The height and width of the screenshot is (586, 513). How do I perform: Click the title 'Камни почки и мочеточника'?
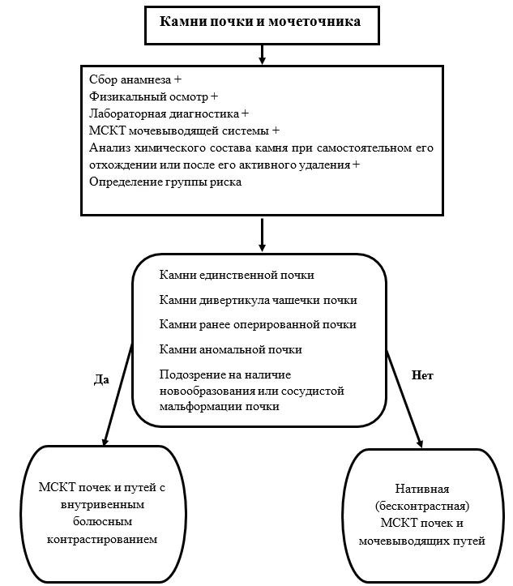260,22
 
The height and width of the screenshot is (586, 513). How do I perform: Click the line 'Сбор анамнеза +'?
135,79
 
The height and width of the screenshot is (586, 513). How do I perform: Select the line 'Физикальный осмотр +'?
153,96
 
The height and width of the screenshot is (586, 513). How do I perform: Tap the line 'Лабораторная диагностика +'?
169,113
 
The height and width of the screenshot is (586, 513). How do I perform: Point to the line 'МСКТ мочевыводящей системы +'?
184,130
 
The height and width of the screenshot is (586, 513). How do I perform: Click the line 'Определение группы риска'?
165,182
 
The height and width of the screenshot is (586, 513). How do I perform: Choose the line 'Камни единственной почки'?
237,275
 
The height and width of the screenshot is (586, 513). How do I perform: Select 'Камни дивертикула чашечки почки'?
259,300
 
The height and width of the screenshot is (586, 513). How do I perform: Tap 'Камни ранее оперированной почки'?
258,324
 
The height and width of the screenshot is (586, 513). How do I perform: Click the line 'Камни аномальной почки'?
230,349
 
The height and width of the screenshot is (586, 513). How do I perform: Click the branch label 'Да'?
101,379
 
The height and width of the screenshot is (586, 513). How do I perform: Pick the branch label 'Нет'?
422,374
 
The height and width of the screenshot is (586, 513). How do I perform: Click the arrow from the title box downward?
263,54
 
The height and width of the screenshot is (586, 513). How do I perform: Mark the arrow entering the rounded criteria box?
263,235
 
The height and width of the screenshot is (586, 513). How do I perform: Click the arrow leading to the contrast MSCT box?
118,394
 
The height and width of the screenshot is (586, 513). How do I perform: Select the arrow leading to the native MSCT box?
404,399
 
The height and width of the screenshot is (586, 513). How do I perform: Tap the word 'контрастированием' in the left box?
102,539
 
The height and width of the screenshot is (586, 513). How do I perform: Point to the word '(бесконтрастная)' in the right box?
422,506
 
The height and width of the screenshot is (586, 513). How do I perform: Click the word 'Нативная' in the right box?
422,489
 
